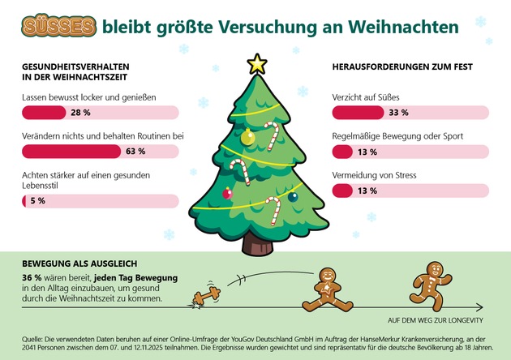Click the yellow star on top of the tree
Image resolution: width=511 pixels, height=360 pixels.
[257, 62]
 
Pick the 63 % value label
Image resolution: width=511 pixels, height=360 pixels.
[135, 151]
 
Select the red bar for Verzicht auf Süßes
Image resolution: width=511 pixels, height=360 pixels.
[357, 113]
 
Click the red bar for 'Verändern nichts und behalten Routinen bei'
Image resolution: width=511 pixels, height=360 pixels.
[72, 151]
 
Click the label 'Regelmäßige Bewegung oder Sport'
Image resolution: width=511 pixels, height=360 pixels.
[397, 136]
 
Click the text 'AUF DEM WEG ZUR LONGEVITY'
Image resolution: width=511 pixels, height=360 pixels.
[436, 319]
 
